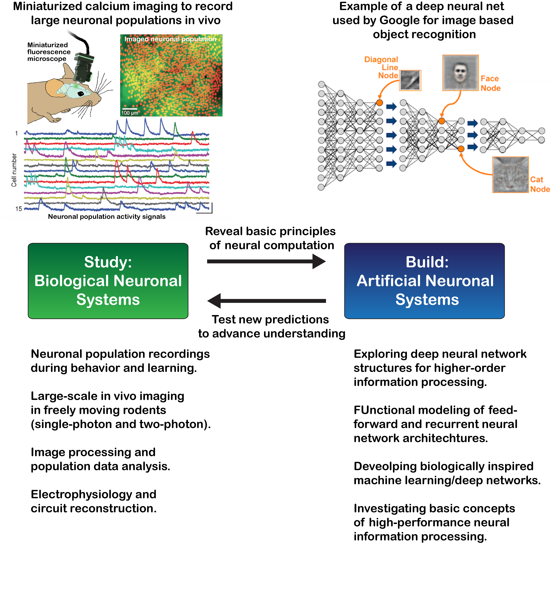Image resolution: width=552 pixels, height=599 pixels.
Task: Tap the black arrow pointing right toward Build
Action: tap(266, 261)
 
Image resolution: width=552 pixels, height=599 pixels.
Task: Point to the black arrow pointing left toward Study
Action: tap(266, 301)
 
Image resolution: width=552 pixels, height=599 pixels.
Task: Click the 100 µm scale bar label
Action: tap(130, 113)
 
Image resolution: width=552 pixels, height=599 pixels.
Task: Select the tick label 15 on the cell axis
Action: tap(18, 209)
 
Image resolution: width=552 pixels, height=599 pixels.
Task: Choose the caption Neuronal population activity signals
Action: tap(107, 217)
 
